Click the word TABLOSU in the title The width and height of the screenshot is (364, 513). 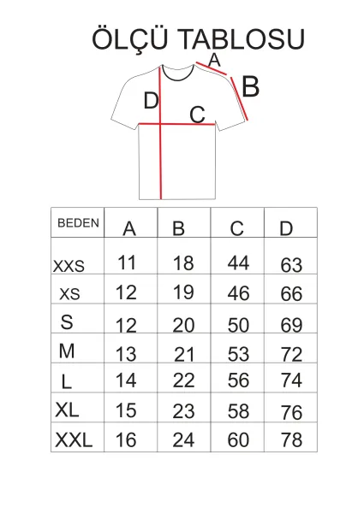(x=242, y=39)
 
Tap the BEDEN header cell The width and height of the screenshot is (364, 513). (x=78, y=223)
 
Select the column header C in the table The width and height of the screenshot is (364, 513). (x=236, y=228)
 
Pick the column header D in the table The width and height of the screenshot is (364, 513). (x=286, y=228)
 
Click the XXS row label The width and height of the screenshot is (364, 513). (x=69, y=266)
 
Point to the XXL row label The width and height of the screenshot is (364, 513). (x=74, y=439)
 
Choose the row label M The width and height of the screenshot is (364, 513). (x=67, y=351)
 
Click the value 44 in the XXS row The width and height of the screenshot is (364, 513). (x=238, y=262)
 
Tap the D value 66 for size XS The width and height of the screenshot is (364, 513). (x=291, y=294)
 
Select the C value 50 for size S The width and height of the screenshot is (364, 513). (x=238, y=325)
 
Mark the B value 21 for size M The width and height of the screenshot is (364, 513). (x=184, y=355)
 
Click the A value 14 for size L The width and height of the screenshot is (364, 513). (x=126, y=380)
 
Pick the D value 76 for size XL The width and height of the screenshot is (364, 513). (x=291, y=412)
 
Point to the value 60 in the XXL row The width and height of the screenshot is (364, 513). (x=238, y=439)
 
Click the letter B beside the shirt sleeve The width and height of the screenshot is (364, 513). (x=251, y=86)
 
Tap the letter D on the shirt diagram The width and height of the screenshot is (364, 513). (x=151, y=100)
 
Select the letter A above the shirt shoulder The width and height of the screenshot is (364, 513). (x=214, y=60)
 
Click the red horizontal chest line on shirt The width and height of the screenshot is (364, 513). (x=177, y=124)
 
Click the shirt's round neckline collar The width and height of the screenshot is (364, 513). (x=177, y=79)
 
